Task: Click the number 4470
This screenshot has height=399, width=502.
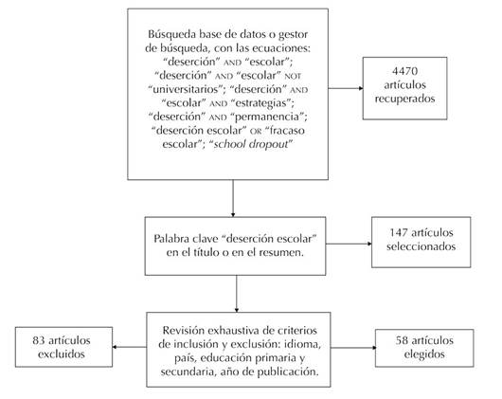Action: pyautogui.click(x=404, y=71)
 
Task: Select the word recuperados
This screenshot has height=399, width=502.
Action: pyautogui.click(x=404, y=99)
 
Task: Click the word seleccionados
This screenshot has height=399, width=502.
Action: pyautogui.click(x=421, y=246)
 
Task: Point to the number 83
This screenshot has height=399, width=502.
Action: pyautogui.click(x=39, y=340)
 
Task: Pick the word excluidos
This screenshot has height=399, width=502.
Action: pyautogui.click(x=62, y=354)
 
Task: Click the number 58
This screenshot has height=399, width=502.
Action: pyautogui.click(x=402, y=340)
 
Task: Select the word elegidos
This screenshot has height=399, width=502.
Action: pyautogui.click(x=424, y=354)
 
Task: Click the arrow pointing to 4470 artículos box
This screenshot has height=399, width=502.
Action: pyautogui.click(x=346, y=88)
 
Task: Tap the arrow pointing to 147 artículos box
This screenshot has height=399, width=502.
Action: pyautogui.click(x=349, y=244)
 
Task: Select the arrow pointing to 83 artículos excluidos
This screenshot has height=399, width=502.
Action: pyautogui.click(x=130, y=347)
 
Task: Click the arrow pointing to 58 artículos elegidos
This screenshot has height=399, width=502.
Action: pyautogui.click(x=352, y=348)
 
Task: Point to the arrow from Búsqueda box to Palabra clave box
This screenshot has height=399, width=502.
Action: pyautogui.click(x=233, y=198)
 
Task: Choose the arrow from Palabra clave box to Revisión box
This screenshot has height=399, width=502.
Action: pyautogui.click(x=237, y=294)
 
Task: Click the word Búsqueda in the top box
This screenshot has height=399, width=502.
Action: pyautogui.click(x=171, y=34)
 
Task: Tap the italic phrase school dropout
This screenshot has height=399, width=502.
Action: pyautogui.click(x=251, y=144)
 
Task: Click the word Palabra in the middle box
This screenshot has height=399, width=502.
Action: pyautogui.click(x=171, y=239)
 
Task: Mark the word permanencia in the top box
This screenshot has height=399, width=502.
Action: pyautogui.click(x=269, y=117)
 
